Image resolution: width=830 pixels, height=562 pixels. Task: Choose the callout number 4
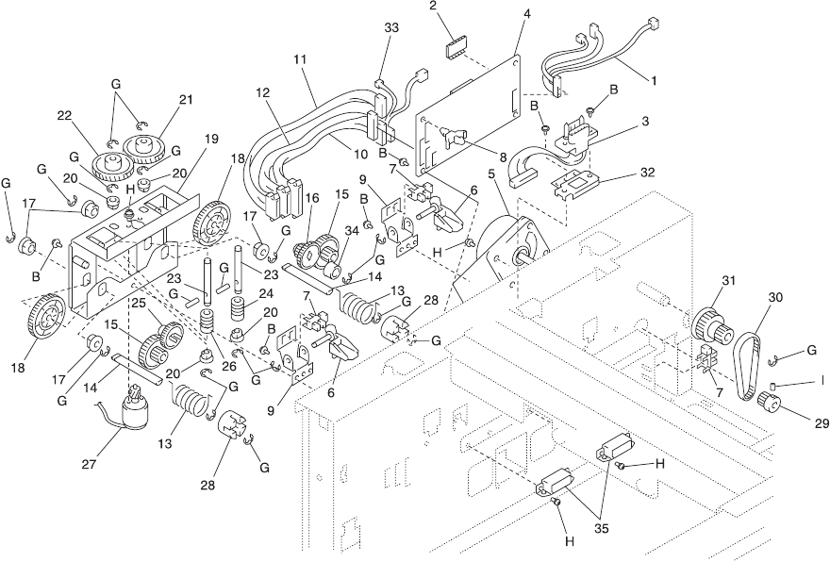[x=525, y=16]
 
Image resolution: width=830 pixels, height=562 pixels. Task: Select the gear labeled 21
[x=149, y=148]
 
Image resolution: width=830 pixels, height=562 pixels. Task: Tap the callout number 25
[x=138, y=304]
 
